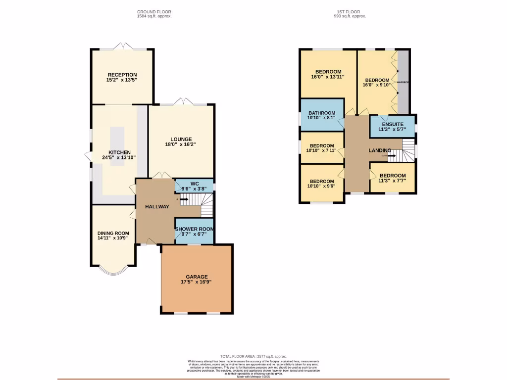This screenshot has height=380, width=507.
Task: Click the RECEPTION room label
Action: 121,75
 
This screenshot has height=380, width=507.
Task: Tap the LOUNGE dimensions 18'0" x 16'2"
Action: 181,145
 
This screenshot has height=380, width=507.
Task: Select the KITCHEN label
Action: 119,152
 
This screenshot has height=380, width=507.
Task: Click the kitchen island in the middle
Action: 117,146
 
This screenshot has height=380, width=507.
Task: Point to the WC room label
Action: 195,183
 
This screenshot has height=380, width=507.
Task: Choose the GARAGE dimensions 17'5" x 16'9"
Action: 197,283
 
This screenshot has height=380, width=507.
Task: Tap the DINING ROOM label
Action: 113,233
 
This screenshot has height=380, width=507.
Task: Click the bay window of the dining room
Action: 113,270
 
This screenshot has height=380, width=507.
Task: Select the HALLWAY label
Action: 157,206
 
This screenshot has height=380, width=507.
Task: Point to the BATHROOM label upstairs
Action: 322,113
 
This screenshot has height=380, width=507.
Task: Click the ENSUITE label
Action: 393,124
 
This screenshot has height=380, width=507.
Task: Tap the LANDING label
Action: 380,150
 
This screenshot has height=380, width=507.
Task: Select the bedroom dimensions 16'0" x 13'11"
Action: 327,77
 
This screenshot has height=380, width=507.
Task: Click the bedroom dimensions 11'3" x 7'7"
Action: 393,181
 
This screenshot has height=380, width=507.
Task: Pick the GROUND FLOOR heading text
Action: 154,11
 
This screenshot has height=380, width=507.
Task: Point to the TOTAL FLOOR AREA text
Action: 253,356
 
